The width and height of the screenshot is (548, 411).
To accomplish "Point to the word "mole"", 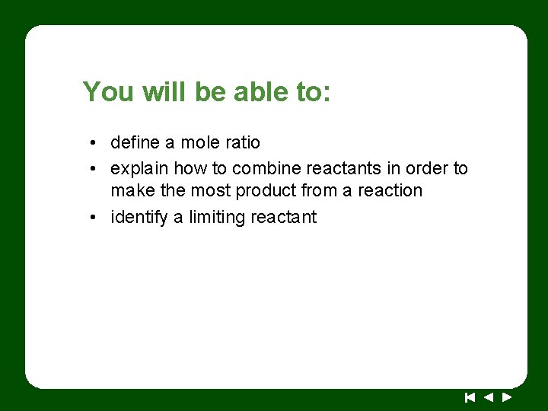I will point(199,142).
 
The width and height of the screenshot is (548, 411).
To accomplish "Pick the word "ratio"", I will point(241,142).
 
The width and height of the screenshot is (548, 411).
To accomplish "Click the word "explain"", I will point(139,168).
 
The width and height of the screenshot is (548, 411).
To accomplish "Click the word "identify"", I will point(139,217).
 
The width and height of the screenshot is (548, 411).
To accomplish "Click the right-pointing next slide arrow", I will point(507,397).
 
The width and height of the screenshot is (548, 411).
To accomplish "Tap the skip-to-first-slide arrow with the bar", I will point(470,397).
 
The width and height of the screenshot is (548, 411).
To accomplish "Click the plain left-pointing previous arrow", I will point(489,397).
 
